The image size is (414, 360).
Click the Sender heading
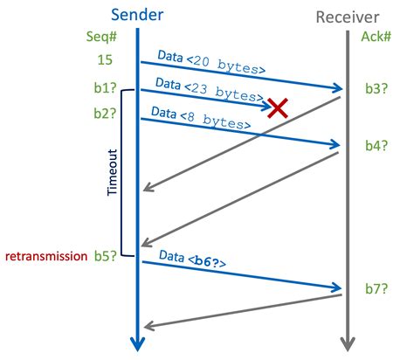(x=138, y=15)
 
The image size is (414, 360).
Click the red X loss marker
(x=278, y=107)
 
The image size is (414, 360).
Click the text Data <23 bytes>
(x=209, y=88)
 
